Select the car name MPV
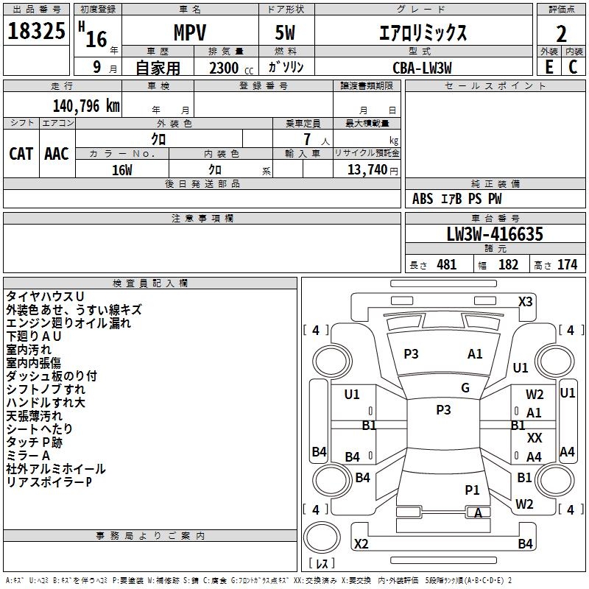click(189, 33)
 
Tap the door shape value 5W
click(286, 33)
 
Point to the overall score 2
click(561, 33)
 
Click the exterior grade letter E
click(549, 66)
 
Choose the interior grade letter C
click(573, 66)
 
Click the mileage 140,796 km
click(86, 105)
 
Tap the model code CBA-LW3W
click(422, 67)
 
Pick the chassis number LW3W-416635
click(495, 234)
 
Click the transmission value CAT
click(21, 153)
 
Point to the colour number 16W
click(121, 170)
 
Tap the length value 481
click(446, 264)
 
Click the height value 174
click(567, 264)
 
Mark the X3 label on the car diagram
click(525, 301)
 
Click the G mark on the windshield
click(465, 388)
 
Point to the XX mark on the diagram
click(535, 438)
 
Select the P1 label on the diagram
click(472, 490)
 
